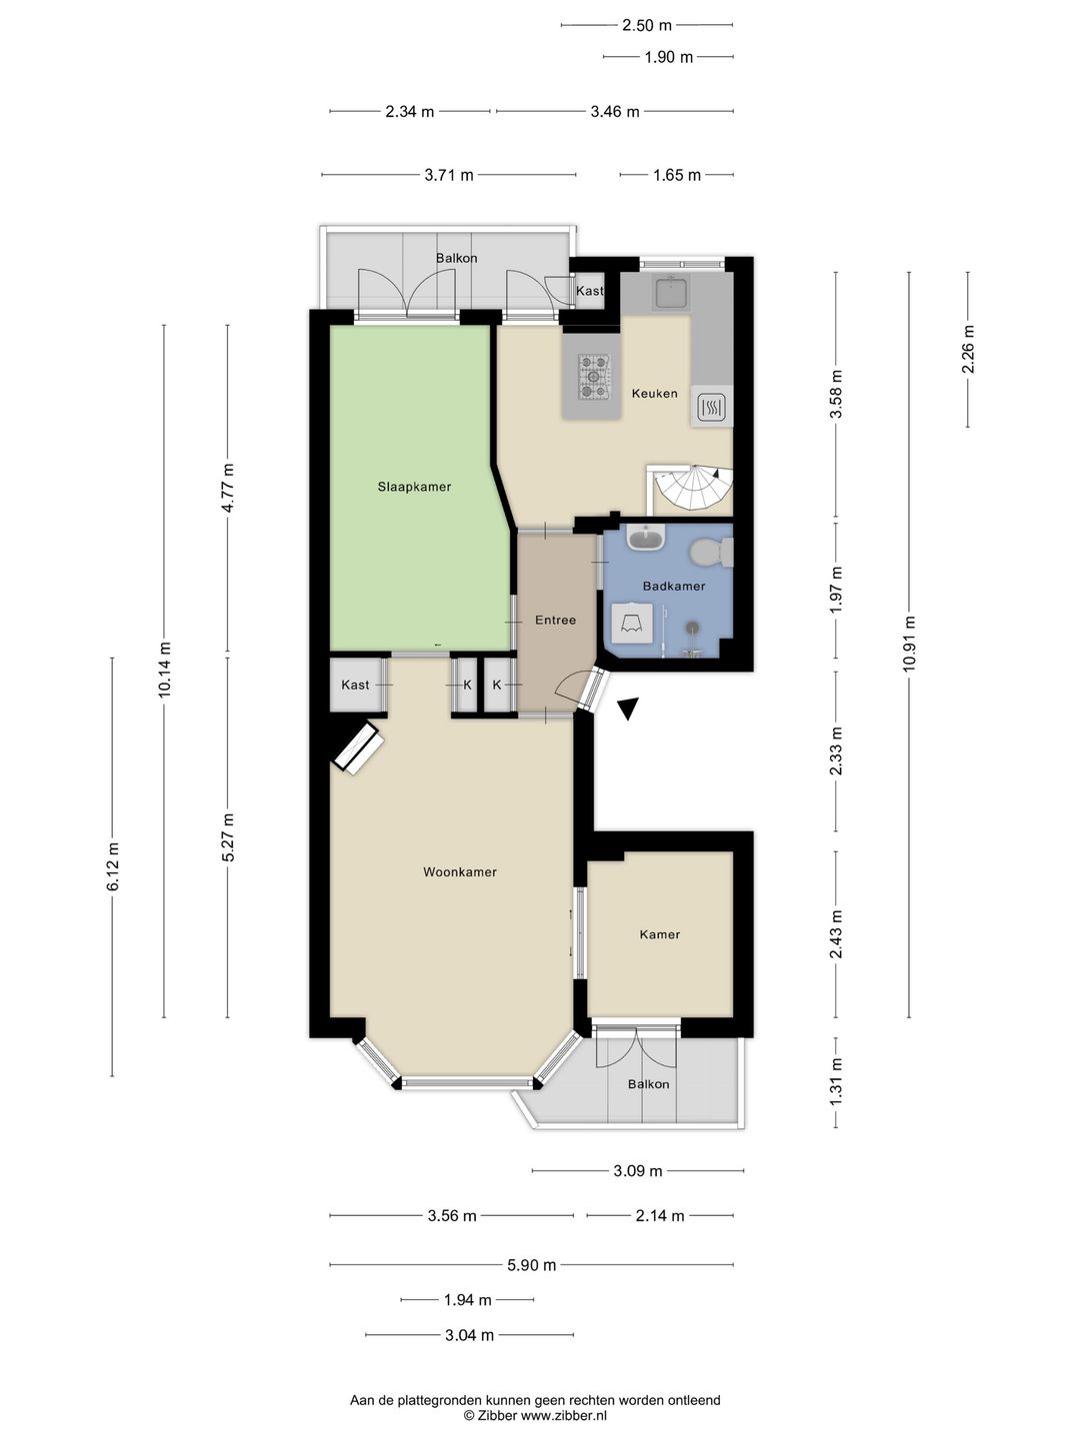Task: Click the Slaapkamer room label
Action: tap(414, 487)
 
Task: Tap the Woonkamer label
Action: tap(460, 872)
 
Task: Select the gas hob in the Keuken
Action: tap(594, 377)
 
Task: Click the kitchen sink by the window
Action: tap(670, 293)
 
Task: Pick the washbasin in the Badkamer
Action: tap(646, 538)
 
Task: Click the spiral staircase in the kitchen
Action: tap(693, 488)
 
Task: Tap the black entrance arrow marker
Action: tap(628, 709)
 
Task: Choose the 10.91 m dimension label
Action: tap(909, 644)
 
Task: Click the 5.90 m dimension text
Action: tap(531, 1264)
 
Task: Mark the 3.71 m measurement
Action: tap(449, 175)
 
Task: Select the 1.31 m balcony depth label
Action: tap(835, 1081)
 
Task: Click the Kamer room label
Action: tap(660, 934)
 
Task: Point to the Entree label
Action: tap(555, 620)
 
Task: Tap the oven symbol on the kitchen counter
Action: tap(711, 408)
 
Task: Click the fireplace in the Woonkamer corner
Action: tap(357, 748)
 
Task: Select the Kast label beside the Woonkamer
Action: tap(355, 685)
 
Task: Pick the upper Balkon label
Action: tap(456, 258)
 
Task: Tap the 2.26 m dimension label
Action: tap(968, 349)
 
